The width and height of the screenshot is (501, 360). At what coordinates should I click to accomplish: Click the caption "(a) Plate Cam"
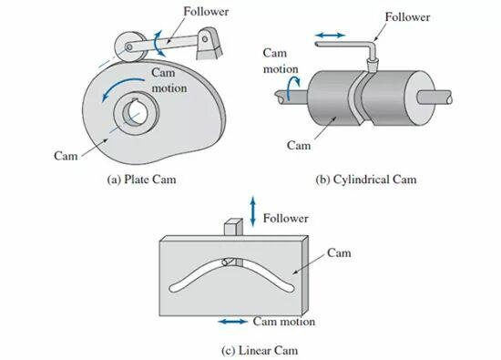141,180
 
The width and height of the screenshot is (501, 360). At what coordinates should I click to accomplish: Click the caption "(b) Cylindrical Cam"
366,180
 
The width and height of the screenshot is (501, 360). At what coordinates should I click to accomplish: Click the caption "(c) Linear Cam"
260,350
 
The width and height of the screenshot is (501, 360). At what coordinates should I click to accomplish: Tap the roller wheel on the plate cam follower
128,47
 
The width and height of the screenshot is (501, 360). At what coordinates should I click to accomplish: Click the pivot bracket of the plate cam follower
209,43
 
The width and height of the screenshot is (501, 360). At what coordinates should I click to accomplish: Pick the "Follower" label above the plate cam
206,12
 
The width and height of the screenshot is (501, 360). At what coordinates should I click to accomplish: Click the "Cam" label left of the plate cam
66,156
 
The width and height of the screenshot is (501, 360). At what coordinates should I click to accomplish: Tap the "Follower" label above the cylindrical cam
407,16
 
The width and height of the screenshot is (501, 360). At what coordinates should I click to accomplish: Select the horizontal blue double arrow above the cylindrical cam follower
330,36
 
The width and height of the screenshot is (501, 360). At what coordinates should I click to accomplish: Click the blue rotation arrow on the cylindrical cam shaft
293,87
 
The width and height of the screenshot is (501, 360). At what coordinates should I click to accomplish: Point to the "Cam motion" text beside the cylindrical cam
281,61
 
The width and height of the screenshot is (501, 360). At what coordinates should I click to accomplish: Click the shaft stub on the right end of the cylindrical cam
435,98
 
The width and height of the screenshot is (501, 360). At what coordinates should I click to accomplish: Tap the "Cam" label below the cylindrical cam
299,146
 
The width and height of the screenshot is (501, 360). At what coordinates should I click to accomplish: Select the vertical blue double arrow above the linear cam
253,211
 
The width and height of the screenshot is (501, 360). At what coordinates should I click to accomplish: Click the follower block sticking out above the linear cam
233,227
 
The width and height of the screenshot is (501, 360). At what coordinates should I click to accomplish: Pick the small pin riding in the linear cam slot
227,262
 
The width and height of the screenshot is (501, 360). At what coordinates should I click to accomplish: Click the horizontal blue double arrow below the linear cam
233,322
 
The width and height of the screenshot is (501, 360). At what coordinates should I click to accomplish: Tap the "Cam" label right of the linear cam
339,252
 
